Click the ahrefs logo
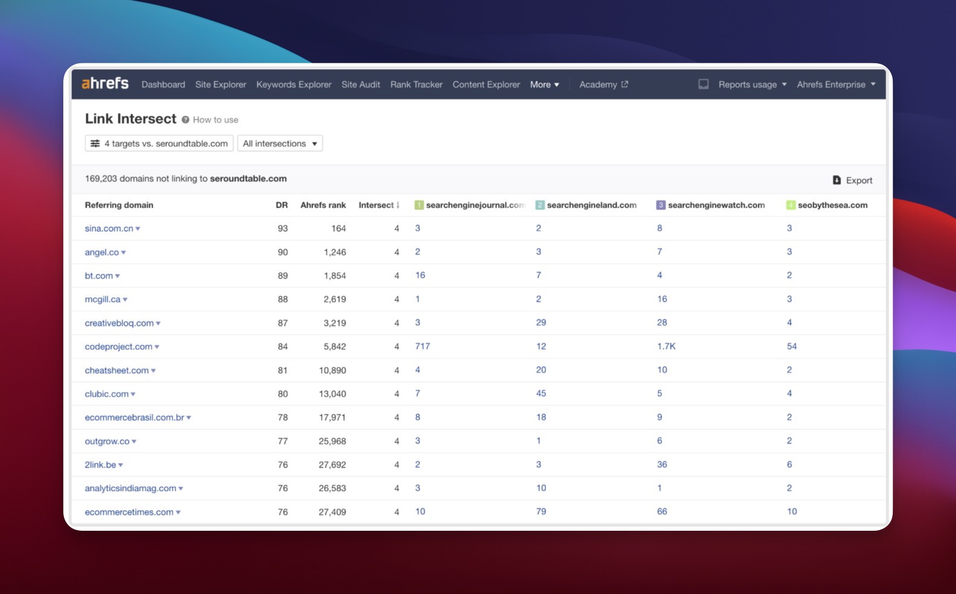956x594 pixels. coord(105,83)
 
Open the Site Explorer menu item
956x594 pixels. coord(221,84)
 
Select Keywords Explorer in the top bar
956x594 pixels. coord(294,84)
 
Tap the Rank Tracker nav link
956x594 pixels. coord(416,84)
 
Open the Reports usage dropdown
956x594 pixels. coord(752,84)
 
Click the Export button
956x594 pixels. coord(852,180)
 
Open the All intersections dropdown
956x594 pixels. coord(280,143)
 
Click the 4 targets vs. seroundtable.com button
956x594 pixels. coord(159,143)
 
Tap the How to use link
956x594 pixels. coord(215,120)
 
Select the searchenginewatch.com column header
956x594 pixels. coord(716,205)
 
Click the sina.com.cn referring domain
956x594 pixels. coord(109,228)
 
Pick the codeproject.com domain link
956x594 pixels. coord(119,346)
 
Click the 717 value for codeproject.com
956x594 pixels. coord(422,346)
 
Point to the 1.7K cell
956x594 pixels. coord(666,346)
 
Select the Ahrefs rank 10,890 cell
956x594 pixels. coord(332,370)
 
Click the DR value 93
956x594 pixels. coord(282,228)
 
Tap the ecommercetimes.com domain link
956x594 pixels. coord(129,512)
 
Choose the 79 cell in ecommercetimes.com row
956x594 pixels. coord(541,511)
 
